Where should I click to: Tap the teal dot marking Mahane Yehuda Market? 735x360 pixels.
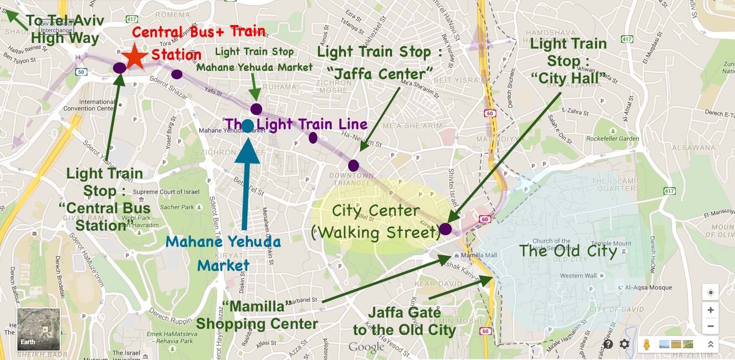pyautogui.click(x=247, y=126)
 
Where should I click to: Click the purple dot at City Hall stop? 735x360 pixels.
pyautogui.click(x=445, y=229)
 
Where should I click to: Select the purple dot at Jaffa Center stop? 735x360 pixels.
pyautogui.click(x=353, y=166)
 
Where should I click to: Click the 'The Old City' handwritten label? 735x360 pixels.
pyautogui.click(x=568, y=251)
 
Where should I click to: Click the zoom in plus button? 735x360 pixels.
pyautogui.click(x=710, y=310)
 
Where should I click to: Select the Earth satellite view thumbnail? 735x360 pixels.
pyautogui.click(x=39, y=329)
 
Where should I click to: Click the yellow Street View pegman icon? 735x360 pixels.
pyautogui.click(x=647, y=344)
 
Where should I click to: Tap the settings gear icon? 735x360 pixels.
pyautogui.click(x=625, y=344)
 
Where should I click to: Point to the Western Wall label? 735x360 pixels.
pyautogui.click(x=578, y=276)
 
